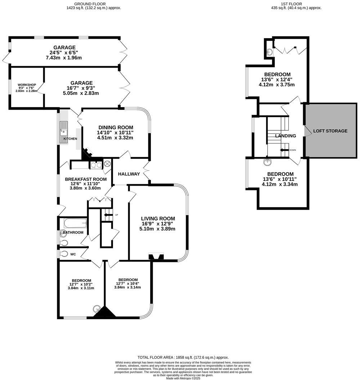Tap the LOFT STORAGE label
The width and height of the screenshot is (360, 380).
click(330, 131)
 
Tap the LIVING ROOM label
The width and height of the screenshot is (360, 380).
click(158, 218)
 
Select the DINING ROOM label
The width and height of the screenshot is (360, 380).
click(115, 127)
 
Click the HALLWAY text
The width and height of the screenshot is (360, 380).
click(130, 174)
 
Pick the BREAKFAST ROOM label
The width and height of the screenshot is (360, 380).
click(86, 179)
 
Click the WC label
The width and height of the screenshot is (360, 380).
click(73, 254)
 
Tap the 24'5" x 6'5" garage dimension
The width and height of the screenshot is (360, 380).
click(64, 53)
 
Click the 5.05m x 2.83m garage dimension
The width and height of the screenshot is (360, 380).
click(81, 93)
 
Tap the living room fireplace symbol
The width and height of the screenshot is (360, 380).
click(156, 257)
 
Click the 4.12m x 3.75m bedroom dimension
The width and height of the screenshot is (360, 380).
click(277, 85)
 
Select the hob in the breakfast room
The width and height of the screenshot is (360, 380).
click(96, 166)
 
